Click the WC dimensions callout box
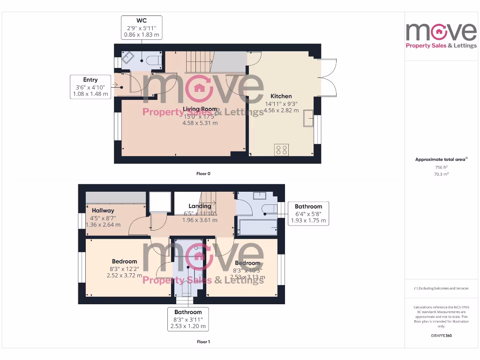pyautogui.click(x=141, y=28)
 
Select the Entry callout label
pyautogui.click(x=90, y=87)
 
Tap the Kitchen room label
pyautogui.click(x=281, y=96)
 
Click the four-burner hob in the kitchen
pyautogui.click(x=282, y=150)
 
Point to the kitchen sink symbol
pyautogui.click(x=308, y=118)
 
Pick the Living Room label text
pyautogui.click(x=200, y=109)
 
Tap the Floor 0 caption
pyautogui.click(x=203, y=173)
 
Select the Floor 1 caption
pyautogui.click(x=203, y=342)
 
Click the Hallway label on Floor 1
pyautogui.click(x=103, y=211)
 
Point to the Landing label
pyautogui.click(x=200, y=206)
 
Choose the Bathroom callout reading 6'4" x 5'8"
pyautogui.click(x=308, y=213)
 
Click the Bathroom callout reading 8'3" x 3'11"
pyautogui.click(x=188, y=319)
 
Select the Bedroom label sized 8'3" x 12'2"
pyautogui.click(x=124, y=262)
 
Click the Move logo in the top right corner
pyautogui.click(x=441, y=35)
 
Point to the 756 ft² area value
pyautogui.click(x=441, y=167)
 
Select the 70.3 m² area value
pyautogui.click(x=441, y=174)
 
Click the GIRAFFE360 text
pyautogui.click(x=441, y=336)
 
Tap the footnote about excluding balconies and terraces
pyautogui.click(x=441, y=288)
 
